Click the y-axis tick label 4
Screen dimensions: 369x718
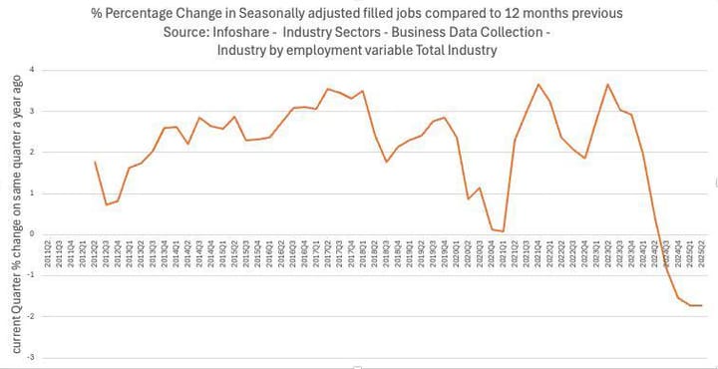(x=33, y=70)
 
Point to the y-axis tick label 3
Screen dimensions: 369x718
(x=33, y=111)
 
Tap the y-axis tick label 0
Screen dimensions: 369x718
(x=33, y=233)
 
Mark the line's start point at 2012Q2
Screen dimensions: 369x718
(x=95, y=162)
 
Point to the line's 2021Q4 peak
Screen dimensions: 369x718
(x=538, y=84)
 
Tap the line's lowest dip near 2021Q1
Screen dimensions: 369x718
(x=504, y=231)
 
